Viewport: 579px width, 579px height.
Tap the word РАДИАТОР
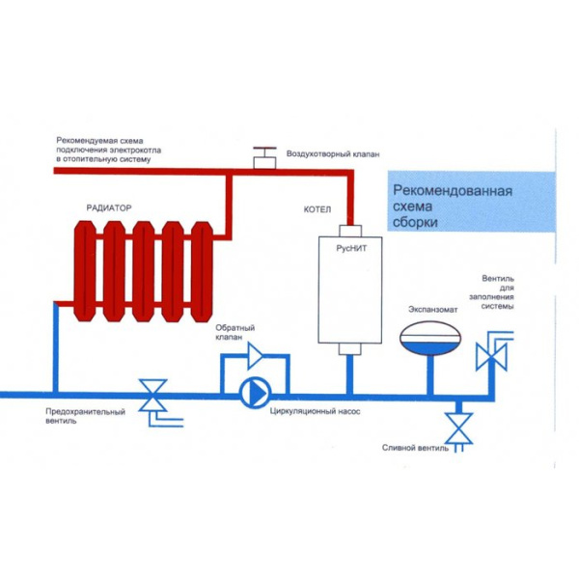[108, 207]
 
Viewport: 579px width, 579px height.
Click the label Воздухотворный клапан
[332, 154]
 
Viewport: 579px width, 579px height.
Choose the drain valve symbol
[457, 426]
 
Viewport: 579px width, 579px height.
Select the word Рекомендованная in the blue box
[447, 191]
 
